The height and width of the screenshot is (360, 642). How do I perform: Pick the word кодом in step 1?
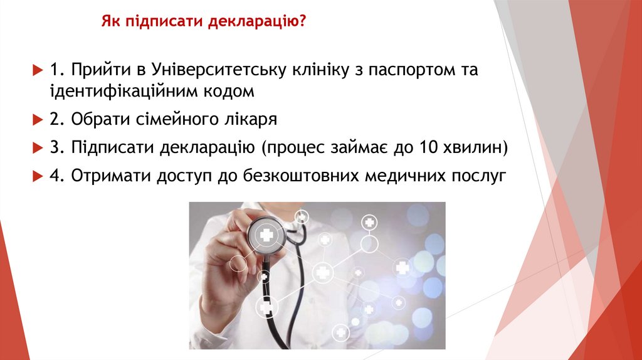click(x=228, y=92)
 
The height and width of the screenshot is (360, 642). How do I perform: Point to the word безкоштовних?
click(x=298, y=176)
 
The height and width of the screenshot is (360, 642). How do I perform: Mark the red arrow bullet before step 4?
click(x=36, y=176)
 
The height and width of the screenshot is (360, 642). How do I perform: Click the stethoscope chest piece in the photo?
click(x=266, y=236)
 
